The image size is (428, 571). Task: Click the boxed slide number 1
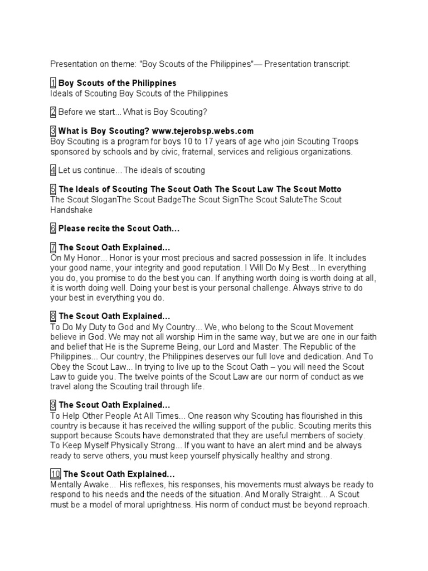pyautogui.click(x=53, y=83)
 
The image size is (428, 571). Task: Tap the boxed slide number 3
pyautogui.click(x=53, y=131)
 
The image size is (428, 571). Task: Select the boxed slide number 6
pyautogui.click(x=53, y=228)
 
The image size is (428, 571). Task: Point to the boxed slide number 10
pyautogui.click(x=55, y=474)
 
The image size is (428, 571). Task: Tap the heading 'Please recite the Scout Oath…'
pyautogui.click(x=119, y=228)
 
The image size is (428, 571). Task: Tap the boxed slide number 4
pyautogui.click(x=53, y=170)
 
